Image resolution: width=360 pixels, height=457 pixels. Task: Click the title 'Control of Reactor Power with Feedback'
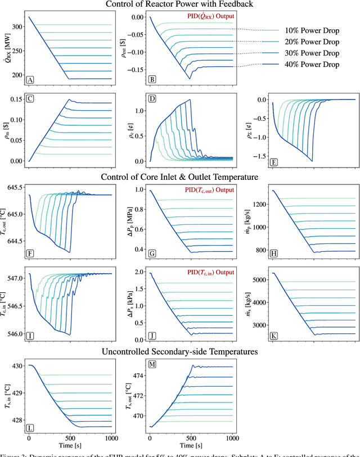[x=179, y=5]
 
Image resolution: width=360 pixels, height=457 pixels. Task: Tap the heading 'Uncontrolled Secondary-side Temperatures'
[x=179, y=352]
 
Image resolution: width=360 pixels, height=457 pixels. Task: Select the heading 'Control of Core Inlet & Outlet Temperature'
[x=179, y=177]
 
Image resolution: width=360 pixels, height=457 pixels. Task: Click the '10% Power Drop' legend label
[x=312, y=30]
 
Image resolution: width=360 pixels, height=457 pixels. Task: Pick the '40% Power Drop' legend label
[x=312, y=65]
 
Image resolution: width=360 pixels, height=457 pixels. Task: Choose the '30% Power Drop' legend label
[x=312, y=53]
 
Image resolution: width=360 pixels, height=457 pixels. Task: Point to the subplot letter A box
[x=31, y=80]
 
